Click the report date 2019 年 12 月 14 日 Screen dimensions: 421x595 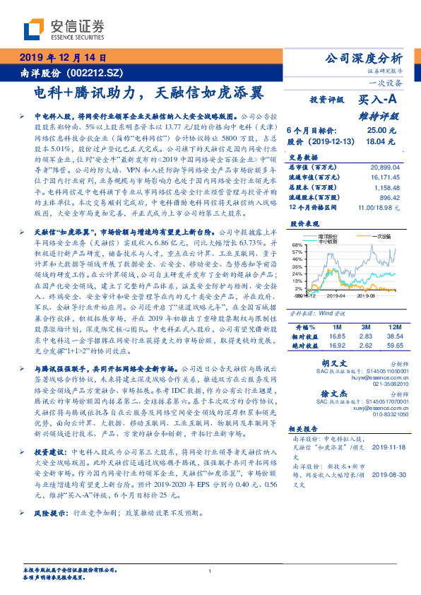pos(63,57)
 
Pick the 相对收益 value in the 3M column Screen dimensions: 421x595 pos(364,336)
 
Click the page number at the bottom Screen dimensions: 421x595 pos(210,571)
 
